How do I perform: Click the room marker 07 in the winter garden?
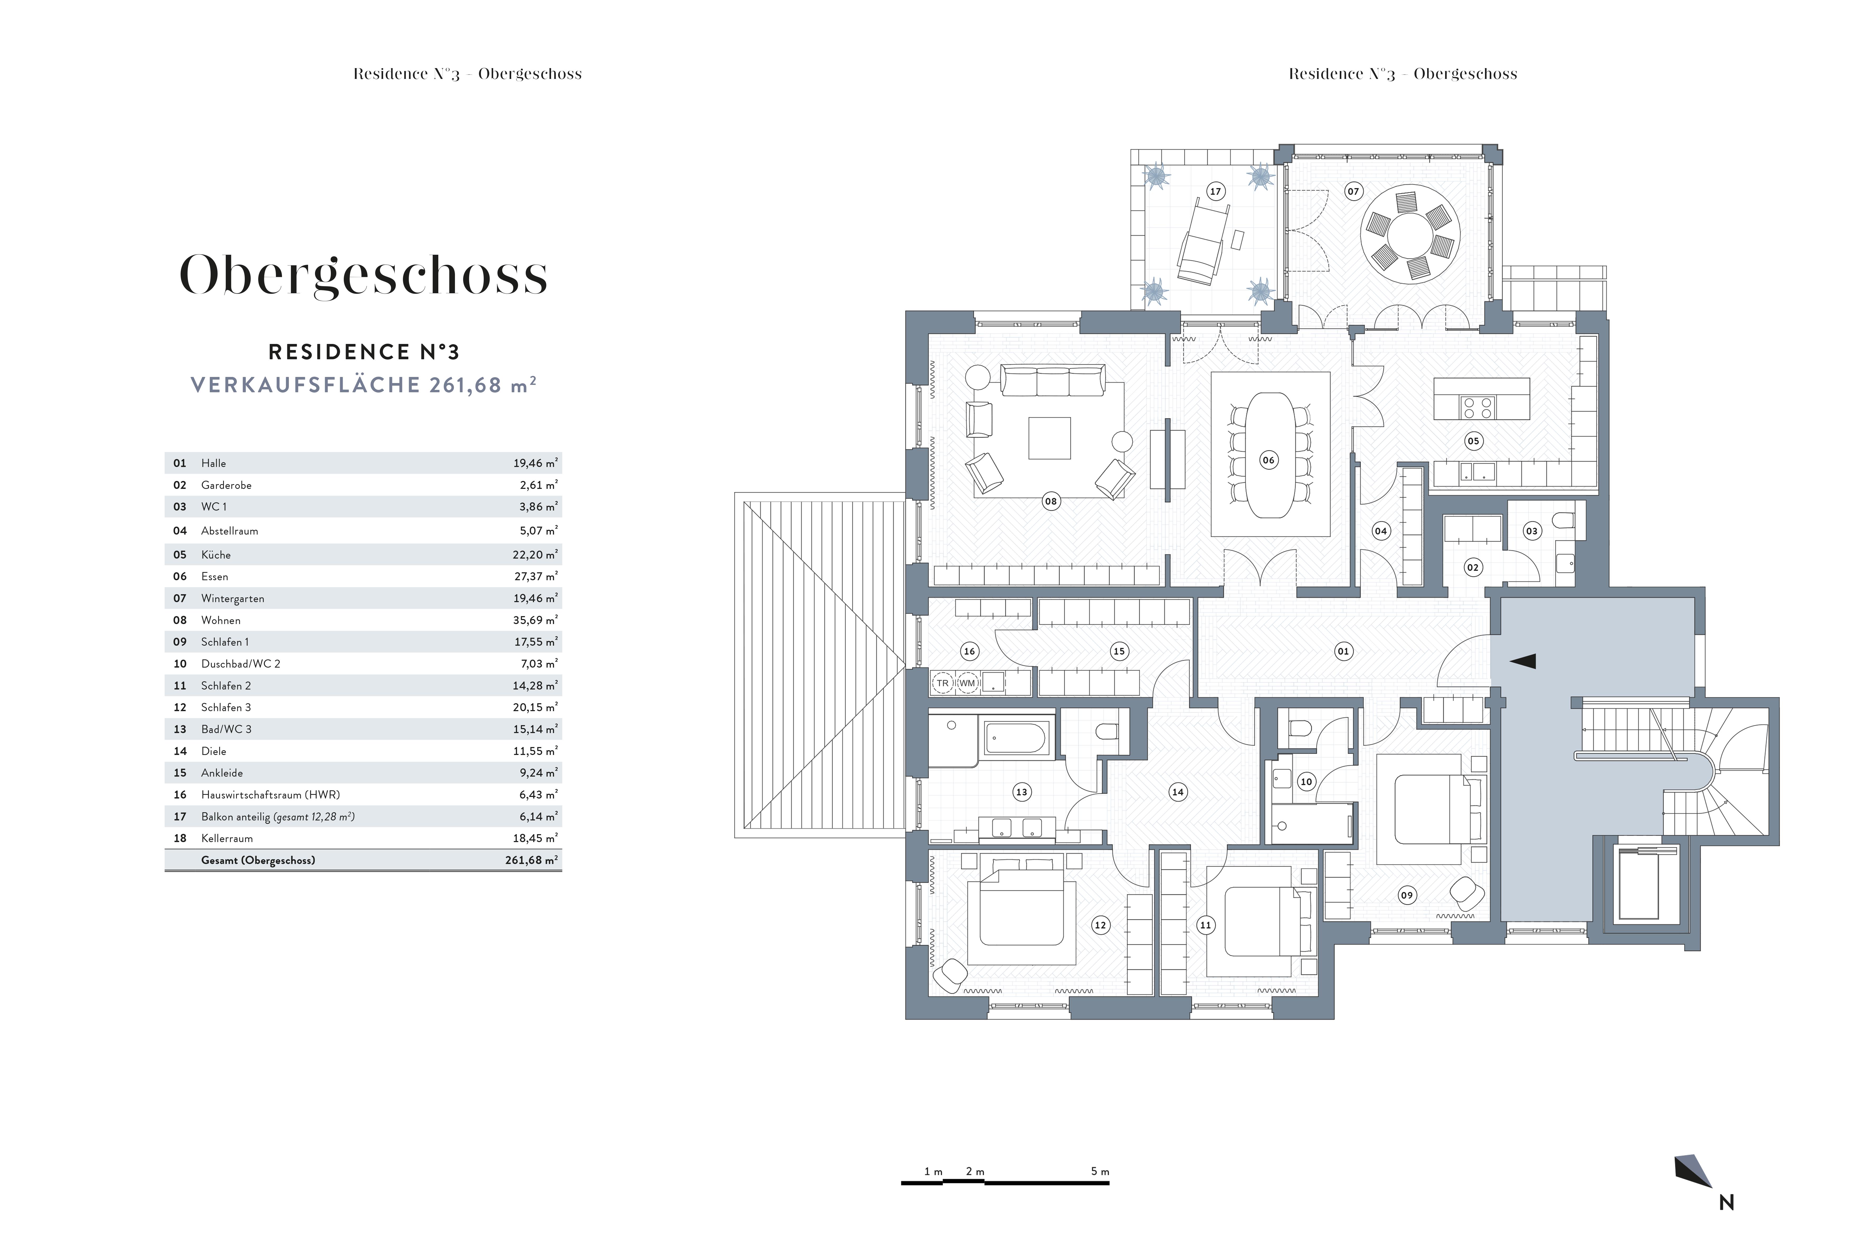coord(1353,191)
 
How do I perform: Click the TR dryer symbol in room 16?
coord(943,683)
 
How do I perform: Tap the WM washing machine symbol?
coord(967,683)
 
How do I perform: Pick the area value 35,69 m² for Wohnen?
coord(535,620)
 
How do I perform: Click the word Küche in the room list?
coord(215,554)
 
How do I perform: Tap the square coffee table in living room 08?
coord(1049,438)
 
